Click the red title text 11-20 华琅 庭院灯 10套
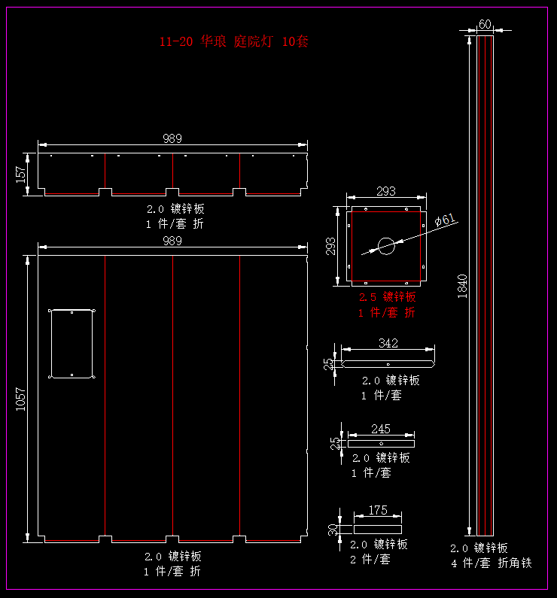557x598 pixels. point(233,42)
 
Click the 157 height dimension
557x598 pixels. point(21,174)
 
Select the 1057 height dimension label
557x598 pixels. point(21,399)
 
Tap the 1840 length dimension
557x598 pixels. point(462,286)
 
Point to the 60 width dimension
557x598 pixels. point(485,24)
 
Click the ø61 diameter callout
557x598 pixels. point(446,220)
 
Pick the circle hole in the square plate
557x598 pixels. point(386,246)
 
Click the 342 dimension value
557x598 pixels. point(388,344)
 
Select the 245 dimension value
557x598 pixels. point(381,429)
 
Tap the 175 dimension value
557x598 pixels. point(378,510)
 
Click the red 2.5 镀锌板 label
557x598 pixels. point(387,297)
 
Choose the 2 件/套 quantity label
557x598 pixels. point(371,560)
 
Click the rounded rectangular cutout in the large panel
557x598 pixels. point(72,344)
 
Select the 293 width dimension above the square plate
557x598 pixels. point(385,192)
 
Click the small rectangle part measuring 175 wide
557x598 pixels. point(378,530)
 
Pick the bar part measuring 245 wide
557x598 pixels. point(381,444)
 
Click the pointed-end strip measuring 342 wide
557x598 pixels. point(388,365)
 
